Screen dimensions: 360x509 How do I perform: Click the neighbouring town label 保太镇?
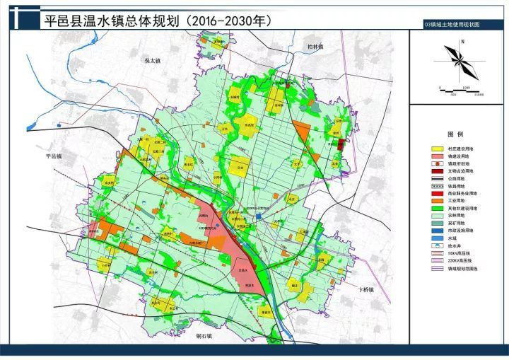tap(152, 61)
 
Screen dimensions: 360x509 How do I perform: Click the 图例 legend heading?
tap(455, 134)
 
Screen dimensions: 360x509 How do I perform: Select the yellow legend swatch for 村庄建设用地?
tap(437, 149)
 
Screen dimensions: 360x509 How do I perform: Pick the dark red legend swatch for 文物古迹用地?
tap(437, 170)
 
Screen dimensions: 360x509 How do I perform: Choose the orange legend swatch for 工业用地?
tap(437, 200)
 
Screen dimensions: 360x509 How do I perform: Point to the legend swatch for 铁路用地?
tap(437, 185)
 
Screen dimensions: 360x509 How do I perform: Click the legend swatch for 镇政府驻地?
tap(437, 163)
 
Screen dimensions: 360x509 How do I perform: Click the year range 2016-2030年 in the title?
tap(230, 21)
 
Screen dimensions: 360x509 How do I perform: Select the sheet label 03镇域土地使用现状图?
tap(452, 24)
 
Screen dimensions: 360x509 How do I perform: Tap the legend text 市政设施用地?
tap(463, 230)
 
